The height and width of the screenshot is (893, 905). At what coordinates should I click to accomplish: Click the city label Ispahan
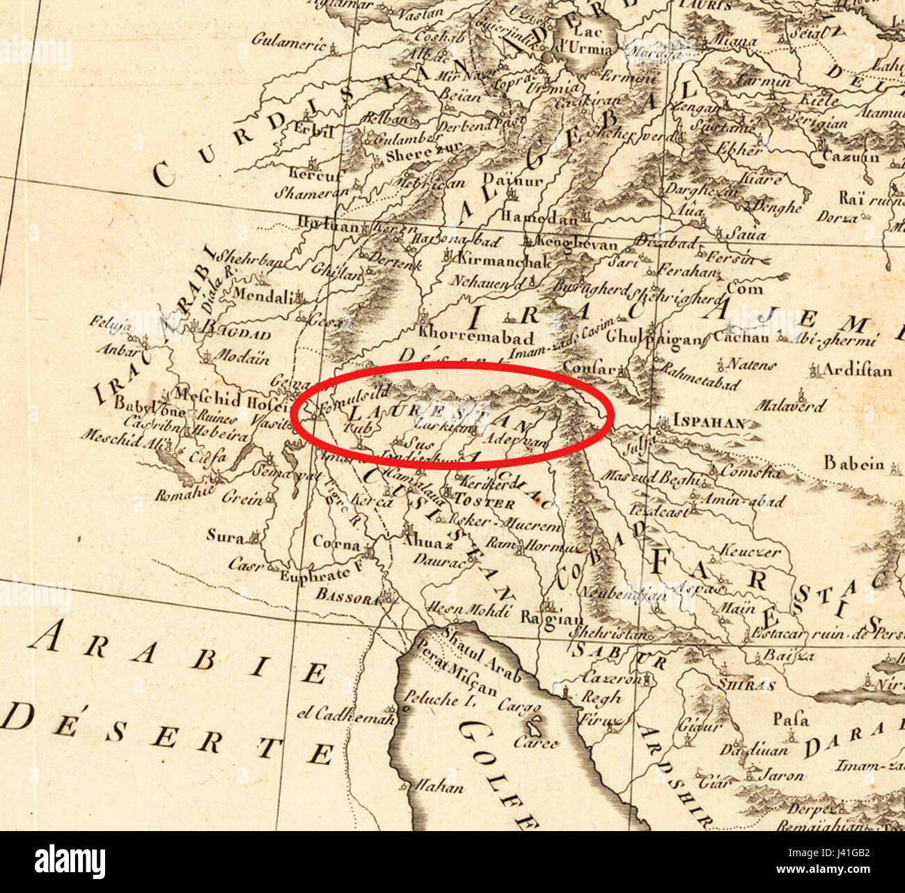[x=709, y=422]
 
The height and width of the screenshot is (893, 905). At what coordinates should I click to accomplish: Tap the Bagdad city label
[x=235, y=326]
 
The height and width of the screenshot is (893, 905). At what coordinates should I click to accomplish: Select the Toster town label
[x=485, y=503]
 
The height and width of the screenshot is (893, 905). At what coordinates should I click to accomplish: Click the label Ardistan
[x=856, y=370]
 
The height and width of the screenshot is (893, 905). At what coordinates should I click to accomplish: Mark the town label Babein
[x=853, y=463]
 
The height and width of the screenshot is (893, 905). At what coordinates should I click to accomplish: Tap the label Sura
[x=225, y=536]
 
